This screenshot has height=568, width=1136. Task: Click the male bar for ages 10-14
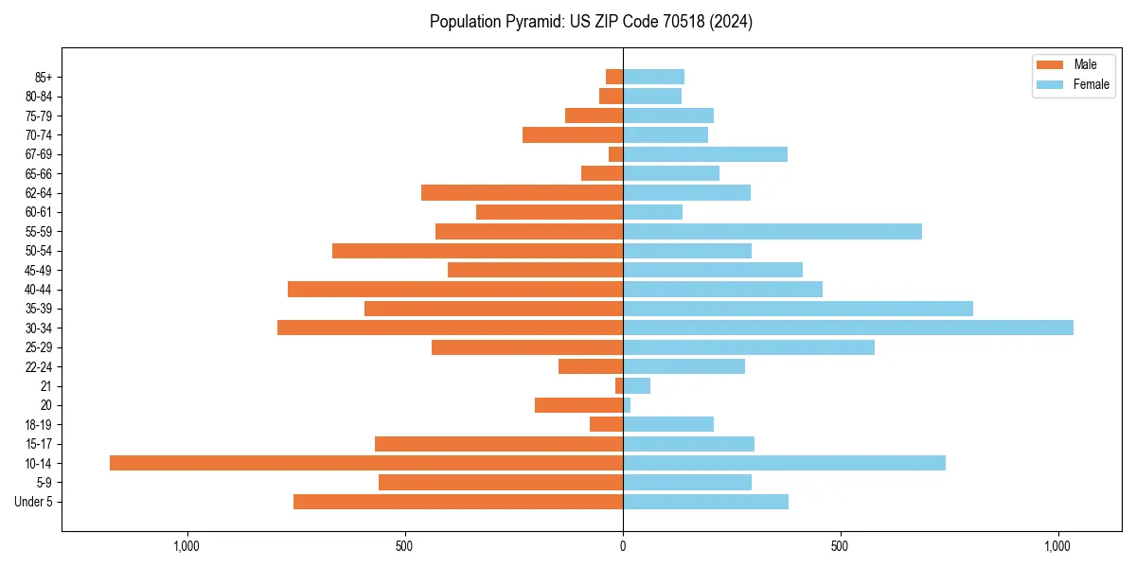pyautogui.click(x=366, y=463)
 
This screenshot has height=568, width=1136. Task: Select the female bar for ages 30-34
pyautogui.click(x=848, y=328)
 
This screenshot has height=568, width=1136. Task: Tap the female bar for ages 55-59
pyautogui.click(x=772, y=231)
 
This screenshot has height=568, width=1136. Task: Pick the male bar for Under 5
pyautogui.click(x=458, y=502)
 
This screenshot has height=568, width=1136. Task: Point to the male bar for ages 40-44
pyautogui.click(x=455, y=289)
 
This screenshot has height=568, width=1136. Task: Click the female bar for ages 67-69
pyautogui.click(x=705, y=154)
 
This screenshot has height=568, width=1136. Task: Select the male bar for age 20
pyautogui.click(x=578, y=405)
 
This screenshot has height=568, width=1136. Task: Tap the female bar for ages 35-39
pyautogui.click(x=798, y=309)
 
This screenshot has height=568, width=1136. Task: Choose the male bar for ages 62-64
pyautogui.click(x=522, y=193)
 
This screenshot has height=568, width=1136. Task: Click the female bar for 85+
pyautogui.click(x=653, y=77)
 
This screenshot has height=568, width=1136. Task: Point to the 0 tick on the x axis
pyautogui.click(x=623, y=546)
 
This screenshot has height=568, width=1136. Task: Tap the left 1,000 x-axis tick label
pyautogui.click(x=186, y=546)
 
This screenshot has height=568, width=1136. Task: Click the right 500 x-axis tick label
pyautogui.click(x=840, y=546)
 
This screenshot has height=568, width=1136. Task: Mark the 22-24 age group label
pyautogui.click(x=39, y=366)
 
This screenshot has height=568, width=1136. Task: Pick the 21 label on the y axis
pyautogui.click(x=45, y=386)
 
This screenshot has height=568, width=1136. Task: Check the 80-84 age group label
pyautogui.click(x=39, y=97)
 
